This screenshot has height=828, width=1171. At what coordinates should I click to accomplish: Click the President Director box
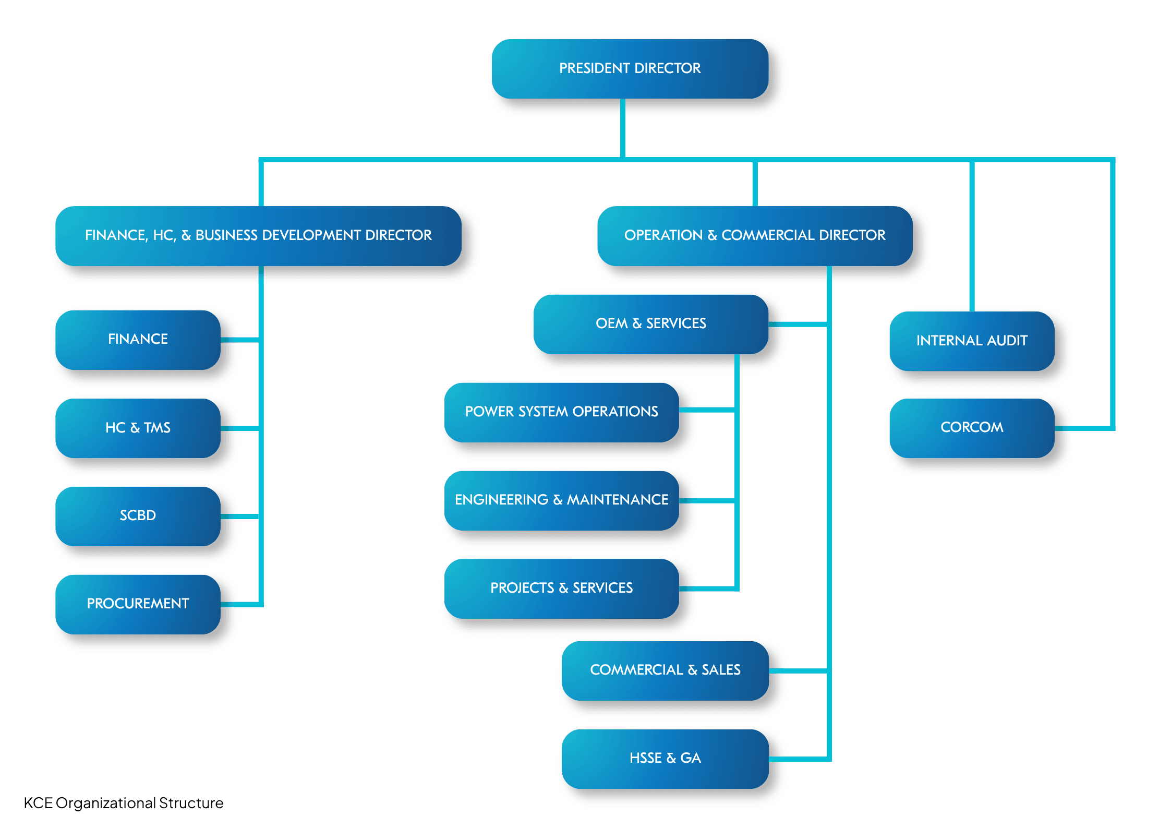(x=630, y=68)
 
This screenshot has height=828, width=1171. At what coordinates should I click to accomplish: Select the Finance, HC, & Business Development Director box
(x=258, y=235)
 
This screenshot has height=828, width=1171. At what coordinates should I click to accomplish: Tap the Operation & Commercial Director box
(x=754, y=235)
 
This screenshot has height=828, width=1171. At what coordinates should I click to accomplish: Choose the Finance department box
(x=138, y=339)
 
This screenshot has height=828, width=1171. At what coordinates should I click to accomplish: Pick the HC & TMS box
(x=138, y=428)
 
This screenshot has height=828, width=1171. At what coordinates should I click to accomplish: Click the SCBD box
(x=138, y=515)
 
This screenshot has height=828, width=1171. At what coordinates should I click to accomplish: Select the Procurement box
(x=138, y=604)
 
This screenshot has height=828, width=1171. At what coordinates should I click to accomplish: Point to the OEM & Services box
(x=650, y=323)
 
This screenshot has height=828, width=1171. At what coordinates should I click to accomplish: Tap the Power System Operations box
(x=561, y=412)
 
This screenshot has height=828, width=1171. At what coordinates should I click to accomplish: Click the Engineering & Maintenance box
(x=561, y=500)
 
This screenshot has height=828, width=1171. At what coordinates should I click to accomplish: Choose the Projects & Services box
(x=561, y=588)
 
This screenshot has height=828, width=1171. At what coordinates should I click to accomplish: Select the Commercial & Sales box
(x=665, y=670)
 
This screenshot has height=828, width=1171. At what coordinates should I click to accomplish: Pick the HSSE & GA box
(x=665, y=758)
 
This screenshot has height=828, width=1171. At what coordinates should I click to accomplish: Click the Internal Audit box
(x=971, y=341)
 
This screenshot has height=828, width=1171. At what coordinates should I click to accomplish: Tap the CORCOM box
(x=971, y=427)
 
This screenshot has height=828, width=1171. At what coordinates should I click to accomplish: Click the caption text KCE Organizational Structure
(x=124, y=803)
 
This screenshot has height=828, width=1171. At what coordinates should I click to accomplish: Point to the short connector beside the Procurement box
(x=240, y=604)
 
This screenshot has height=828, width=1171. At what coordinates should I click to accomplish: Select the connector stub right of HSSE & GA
(x=798, y=759)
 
